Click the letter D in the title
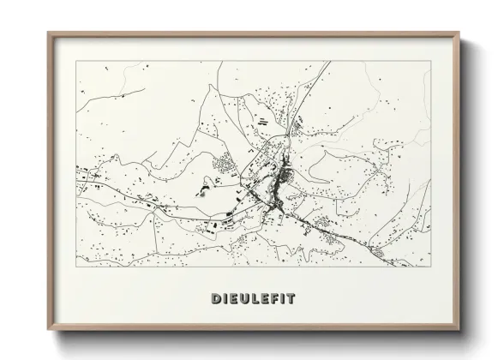click(214, 299)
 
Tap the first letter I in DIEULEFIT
click(225, 299)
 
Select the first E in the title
click(234, 299)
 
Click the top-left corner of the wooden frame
click(48, 33)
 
